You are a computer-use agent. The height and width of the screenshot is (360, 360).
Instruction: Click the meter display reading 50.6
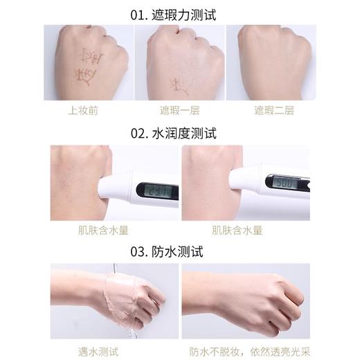(283, 183)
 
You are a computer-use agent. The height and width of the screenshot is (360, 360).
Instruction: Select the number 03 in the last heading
(147, 252)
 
